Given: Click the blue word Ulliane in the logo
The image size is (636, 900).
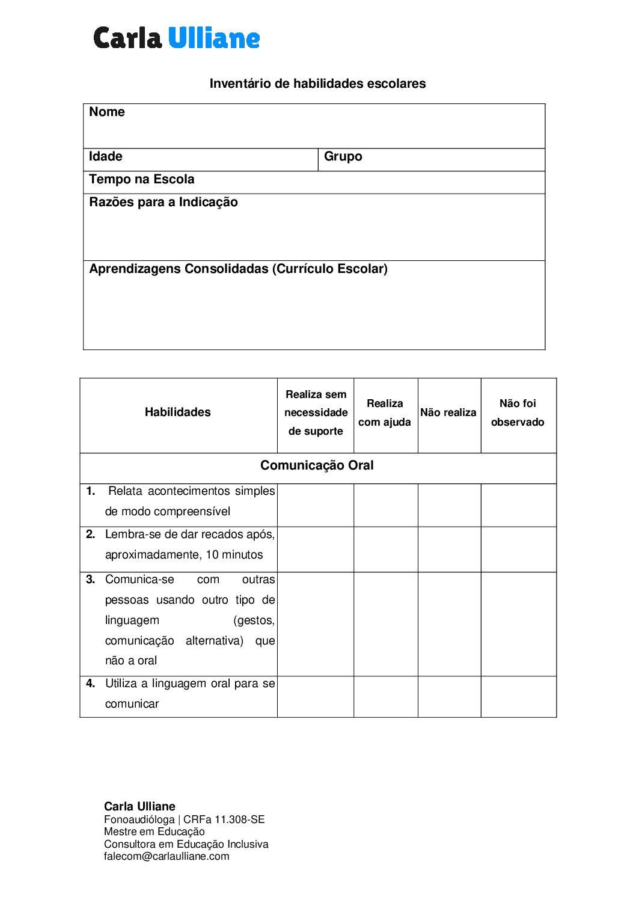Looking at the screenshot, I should pyautogui.click(x=213, y=38).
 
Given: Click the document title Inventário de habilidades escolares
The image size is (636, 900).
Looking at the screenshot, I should pyautogui.click(x=317, y=84).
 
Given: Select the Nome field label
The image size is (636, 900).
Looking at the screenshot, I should pyautogui.click(x=107, y=112).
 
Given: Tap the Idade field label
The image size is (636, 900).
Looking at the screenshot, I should pyautogui.click(x=106, y=157).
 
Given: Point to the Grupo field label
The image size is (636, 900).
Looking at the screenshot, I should pyautogui.click(x=343, y=157).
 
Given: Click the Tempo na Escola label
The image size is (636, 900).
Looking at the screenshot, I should pyautogui.click(x=142, y=179).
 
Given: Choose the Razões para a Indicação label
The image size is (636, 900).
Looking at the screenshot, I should pyautogui.click(x=164, y=202).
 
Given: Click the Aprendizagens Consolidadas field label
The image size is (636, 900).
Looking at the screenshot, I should pyautogui.click(x=238, y=269).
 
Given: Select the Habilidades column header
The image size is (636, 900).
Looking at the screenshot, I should pyautogui.click(x=178, y=412).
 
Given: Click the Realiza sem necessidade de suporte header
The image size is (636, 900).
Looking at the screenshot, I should pyautogui.click(x=316, y=413).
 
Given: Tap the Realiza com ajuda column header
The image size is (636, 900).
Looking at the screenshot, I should pyautogui.click(x=385, y=413).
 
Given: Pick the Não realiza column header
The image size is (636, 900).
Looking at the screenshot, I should pyautogui.click(x=448, y=412).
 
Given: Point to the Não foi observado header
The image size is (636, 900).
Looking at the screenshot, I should pyautogui.click(x=518, y=413).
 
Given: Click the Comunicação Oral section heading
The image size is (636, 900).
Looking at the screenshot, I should pyautogui.click(x=317, y=466).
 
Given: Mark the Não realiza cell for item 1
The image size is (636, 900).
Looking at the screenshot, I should pyautogui.click(x=449, y=505).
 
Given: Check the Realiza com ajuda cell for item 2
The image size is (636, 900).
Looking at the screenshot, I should pyautogui.click(x=385, y=549).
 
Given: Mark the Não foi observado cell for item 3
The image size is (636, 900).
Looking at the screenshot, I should pyautogui.click(x=518, y=623).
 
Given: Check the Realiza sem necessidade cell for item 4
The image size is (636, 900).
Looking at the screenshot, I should pyautogui.click(x=316, y=696).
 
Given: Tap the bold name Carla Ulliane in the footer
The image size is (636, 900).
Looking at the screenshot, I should pyautogui.click(x=139, y=806).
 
